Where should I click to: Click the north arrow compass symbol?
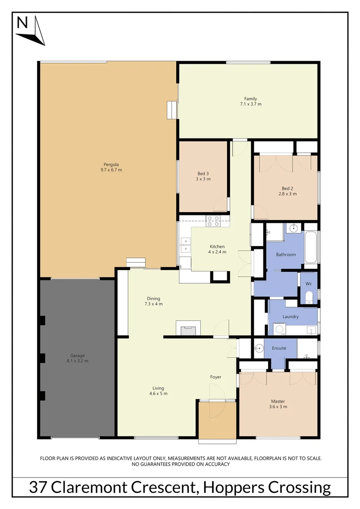point(31,30)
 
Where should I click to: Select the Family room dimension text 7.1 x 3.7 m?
point(250,104)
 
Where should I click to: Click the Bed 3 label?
point(203,173)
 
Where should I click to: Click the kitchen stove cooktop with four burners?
point(213,221)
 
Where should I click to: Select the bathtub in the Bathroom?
point(311,248)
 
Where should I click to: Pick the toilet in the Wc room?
point(309,297)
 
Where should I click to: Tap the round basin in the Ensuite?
point(259,349)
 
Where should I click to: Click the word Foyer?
point(216,377)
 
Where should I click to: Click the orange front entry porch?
point(217,421)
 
